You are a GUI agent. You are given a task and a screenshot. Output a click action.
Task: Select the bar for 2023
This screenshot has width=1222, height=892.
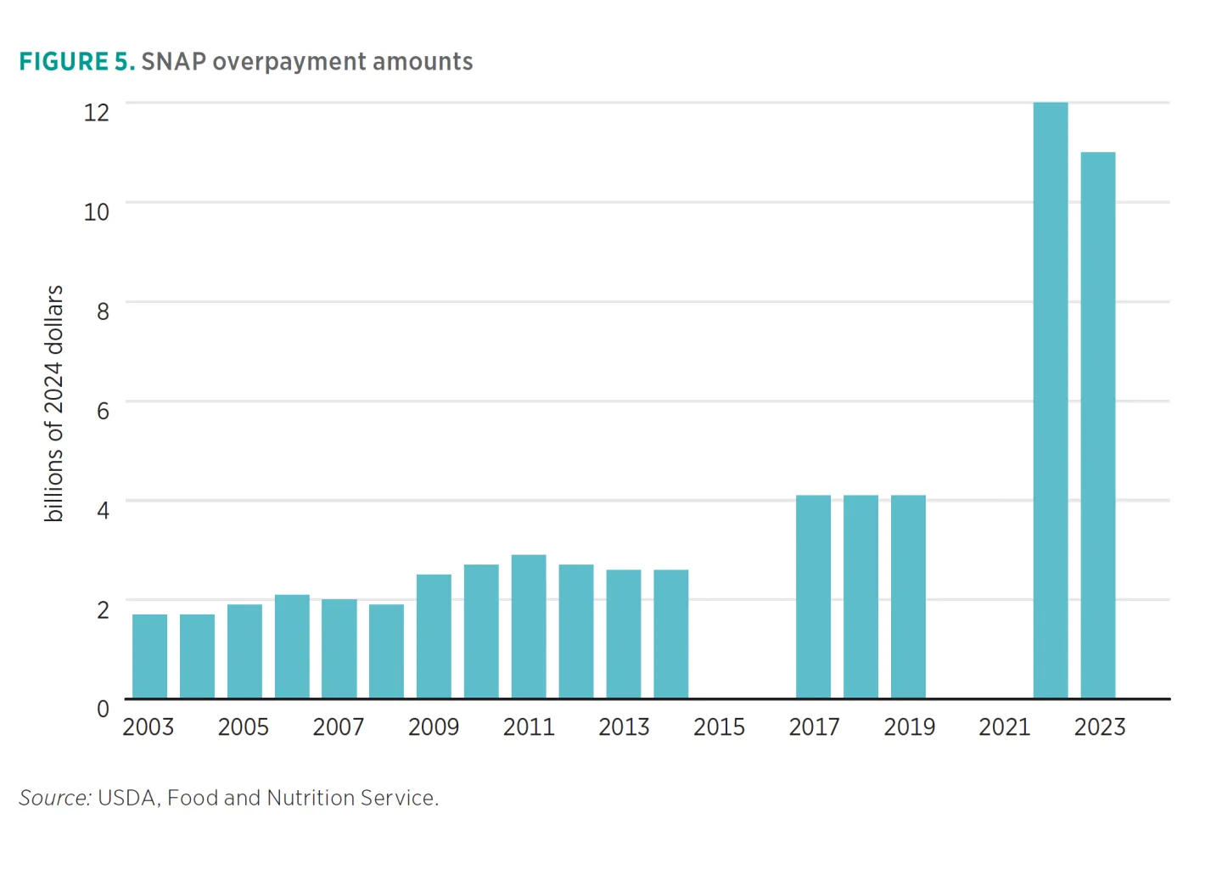coord(1097,425)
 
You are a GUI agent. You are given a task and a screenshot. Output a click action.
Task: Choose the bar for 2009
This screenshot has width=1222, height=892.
coord(434,637)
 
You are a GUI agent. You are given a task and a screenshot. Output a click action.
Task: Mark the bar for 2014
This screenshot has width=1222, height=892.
coord(670,634)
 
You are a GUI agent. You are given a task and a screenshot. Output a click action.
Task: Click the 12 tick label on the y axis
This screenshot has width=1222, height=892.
coord(97,112)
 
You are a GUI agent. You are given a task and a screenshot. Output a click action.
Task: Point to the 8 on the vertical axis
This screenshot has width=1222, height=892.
coord(103,311)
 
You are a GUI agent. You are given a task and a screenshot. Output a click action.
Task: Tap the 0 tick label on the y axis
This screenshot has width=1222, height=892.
coord(103,709)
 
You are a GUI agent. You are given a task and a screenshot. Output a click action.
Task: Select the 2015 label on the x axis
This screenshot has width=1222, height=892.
coord(719,727)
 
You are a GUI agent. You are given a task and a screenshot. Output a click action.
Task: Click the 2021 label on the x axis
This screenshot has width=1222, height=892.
coord(1004,727)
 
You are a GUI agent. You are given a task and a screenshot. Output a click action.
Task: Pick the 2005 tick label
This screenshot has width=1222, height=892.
coord(243,727)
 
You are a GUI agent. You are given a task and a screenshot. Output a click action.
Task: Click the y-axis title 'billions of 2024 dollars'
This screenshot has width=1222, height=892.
coord(53,403)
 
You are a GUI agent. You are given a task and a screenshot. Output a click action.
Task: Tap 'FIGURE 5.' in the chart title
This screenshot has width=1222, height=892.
coord(76,62)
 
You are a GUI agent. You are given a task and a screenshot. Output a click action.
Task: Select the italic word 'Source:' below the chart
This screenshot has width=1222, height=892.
coord(54,798)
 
